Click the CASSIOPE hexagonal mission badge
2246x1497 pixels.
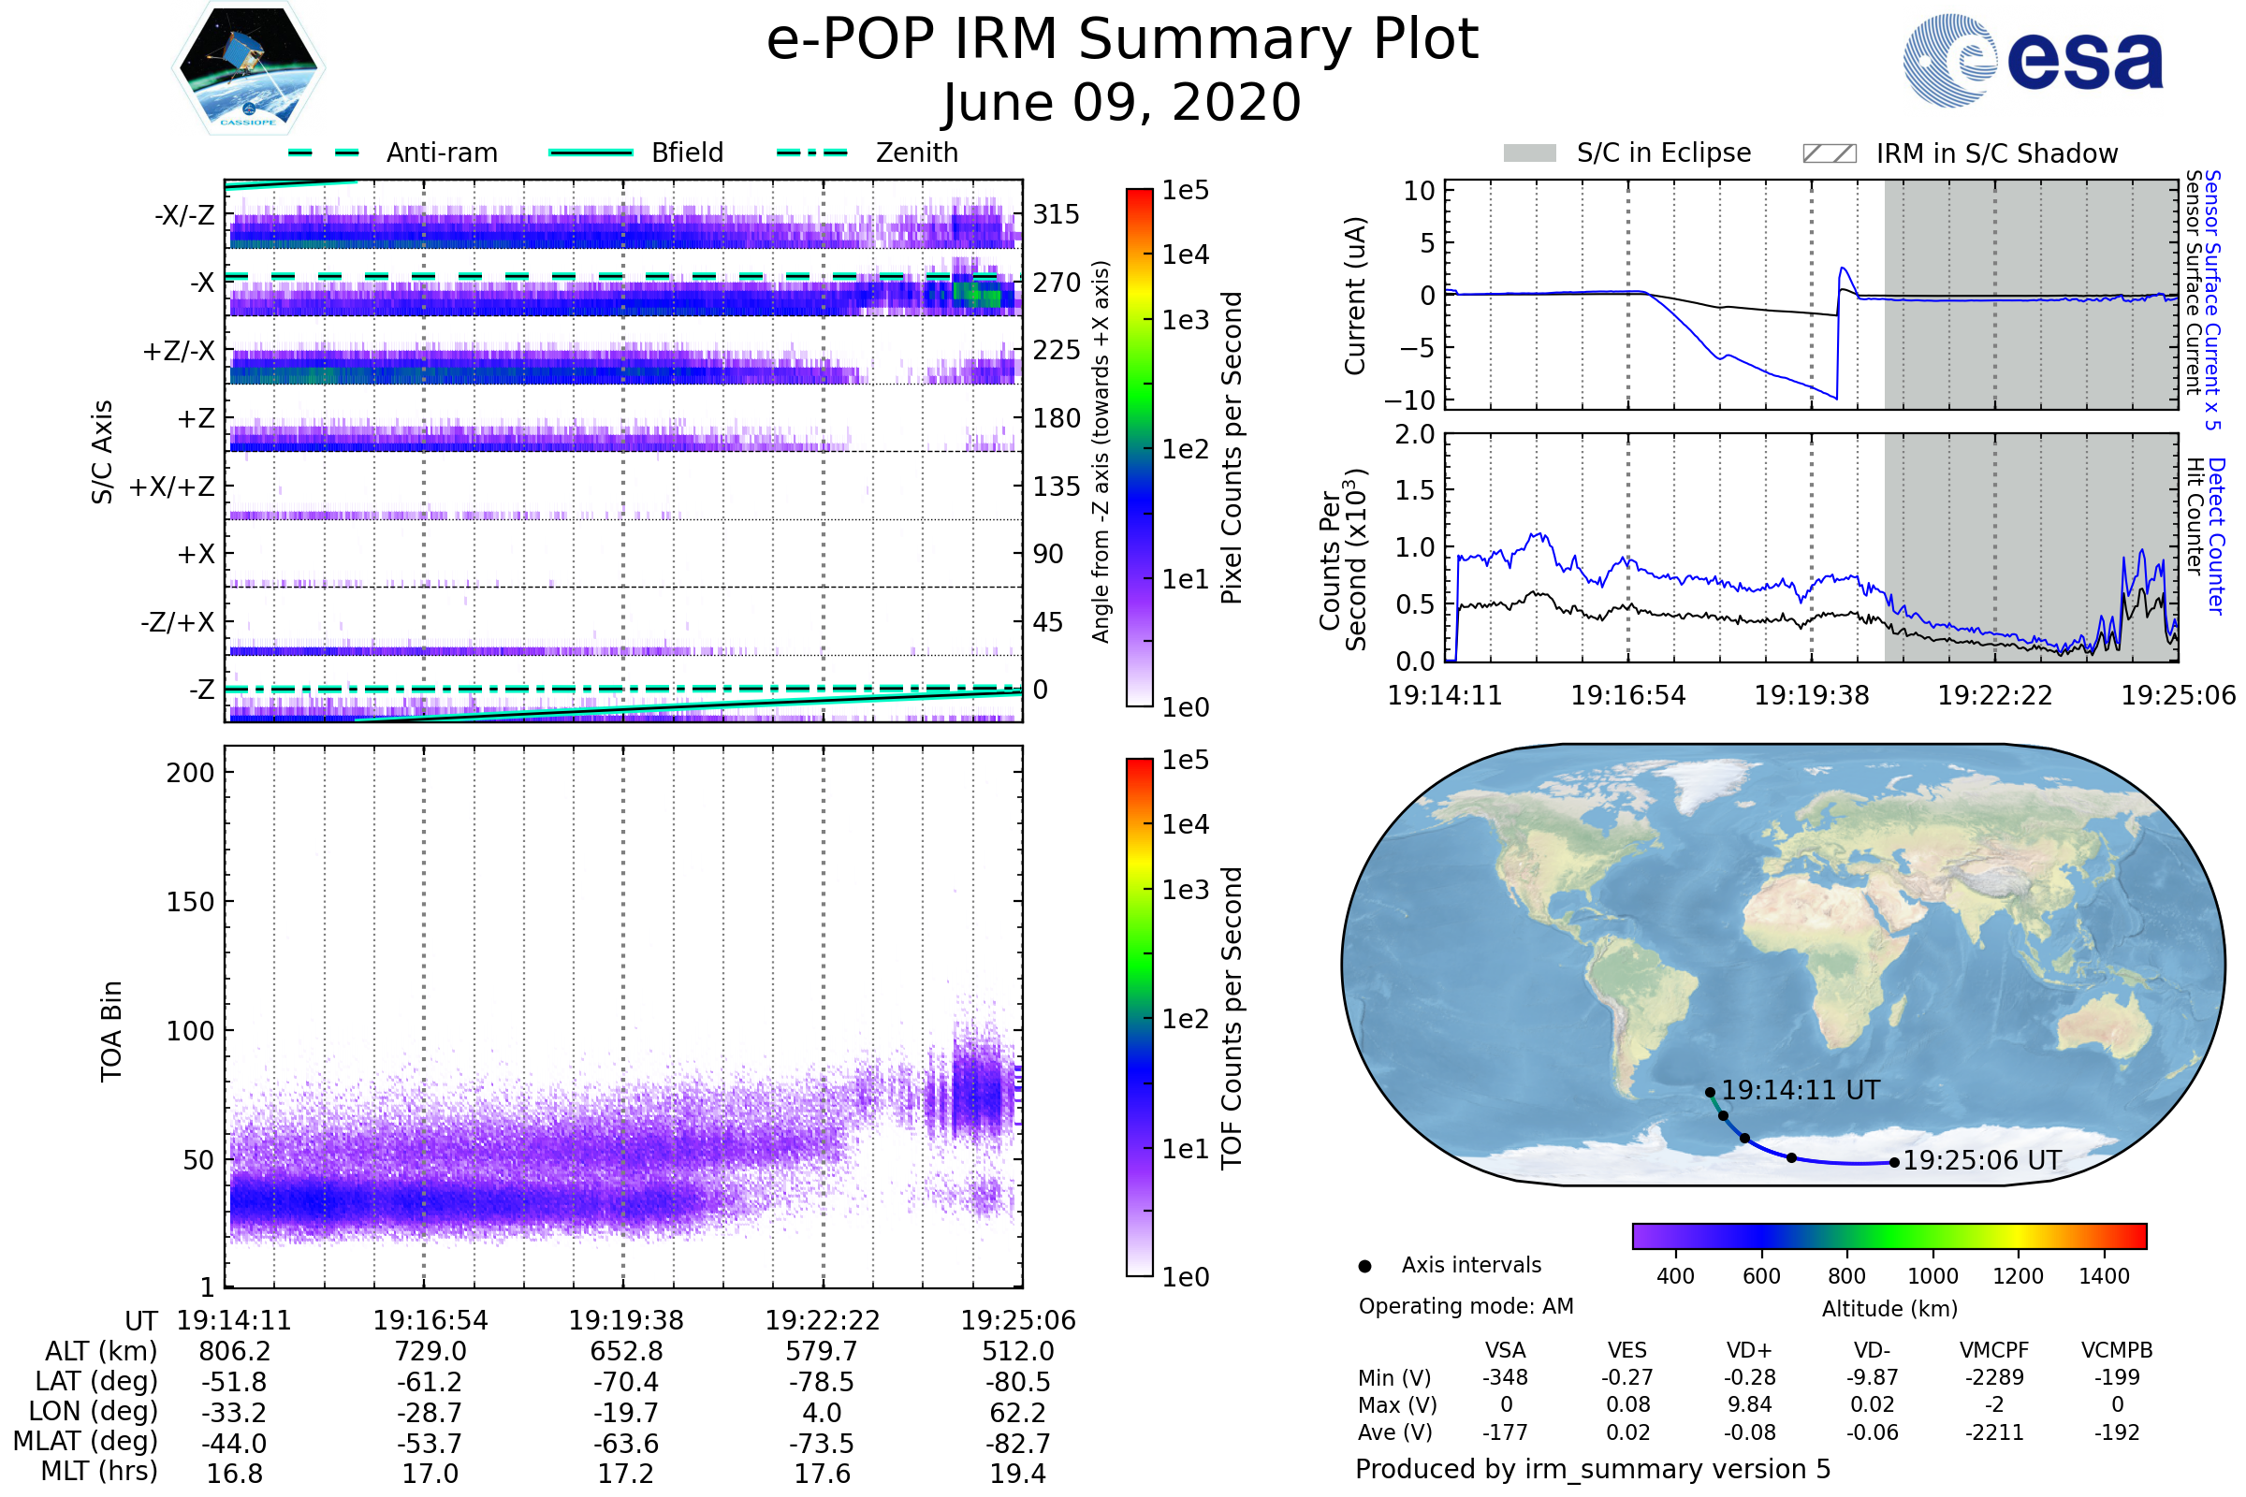tap(248, 66)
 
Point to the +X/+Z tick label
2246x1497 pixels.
tap(172, 487)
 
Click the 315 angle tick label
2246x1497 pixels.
tap(1057, 214)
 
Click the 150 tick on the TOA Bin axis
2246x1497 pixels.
tap(190, 902)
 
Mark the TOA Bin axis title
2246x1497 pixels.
tap(110, 1030)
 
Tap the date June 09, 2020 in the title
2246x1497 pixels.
tap(1122, 102)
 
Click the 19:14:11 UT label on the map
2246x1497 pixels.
tap(1800, 1090)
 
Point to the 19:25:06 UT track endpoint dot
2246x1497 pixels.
tap(1894, 1163)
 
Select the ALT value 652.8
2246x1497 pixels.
tap(626, 1352)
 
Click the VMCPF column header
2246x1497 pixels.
tap(1994, 1351)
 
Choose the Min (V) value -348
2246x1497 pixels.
tap(1505, 1377)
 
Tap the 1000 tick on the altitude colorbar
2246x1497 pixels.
tap(1932, 1276)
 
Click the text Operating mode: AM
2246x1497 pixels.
tap(1466, 1306)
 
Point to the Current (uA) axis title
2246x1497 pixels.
tap(1355, 296)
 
